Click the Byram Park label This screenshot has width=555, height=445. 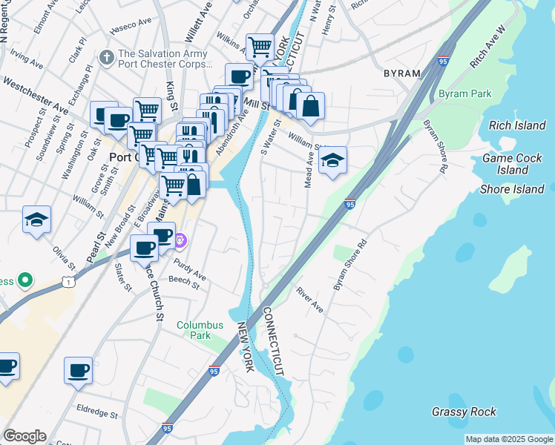click(464, 94)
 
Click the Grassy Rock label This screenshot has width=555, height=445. click(464, 412)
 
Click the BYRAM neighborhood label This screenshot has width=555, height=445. click(401, 73)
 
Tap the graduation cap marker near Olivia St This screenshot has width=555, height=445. click(36, 220)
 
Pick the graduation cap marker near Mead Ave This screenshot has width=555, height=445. click(332, 159)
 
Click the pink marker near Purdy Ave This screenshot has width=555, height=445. click(180, 241)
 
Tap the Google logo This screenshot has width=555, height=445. click(24, 436)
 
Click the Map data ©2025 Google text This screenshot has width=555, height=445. click(508, 439)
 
